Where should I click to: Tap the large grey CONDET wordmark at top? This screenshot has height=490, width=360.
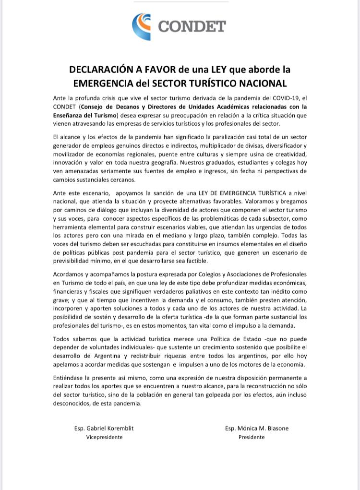click(192, 26)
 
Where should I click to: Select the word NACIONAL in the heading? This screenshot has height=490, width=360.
click(261, 83)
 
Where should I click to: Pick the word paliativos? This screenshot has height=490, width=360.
click(194, 292)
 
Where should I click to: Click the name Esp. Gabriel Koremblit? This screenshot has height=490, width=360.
click(104, 429)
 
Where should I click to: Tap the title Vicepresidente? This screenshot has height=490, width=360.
click(104, 437)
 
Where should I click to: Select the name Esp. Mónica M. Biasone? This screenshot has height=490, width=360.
click(256, 429)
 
